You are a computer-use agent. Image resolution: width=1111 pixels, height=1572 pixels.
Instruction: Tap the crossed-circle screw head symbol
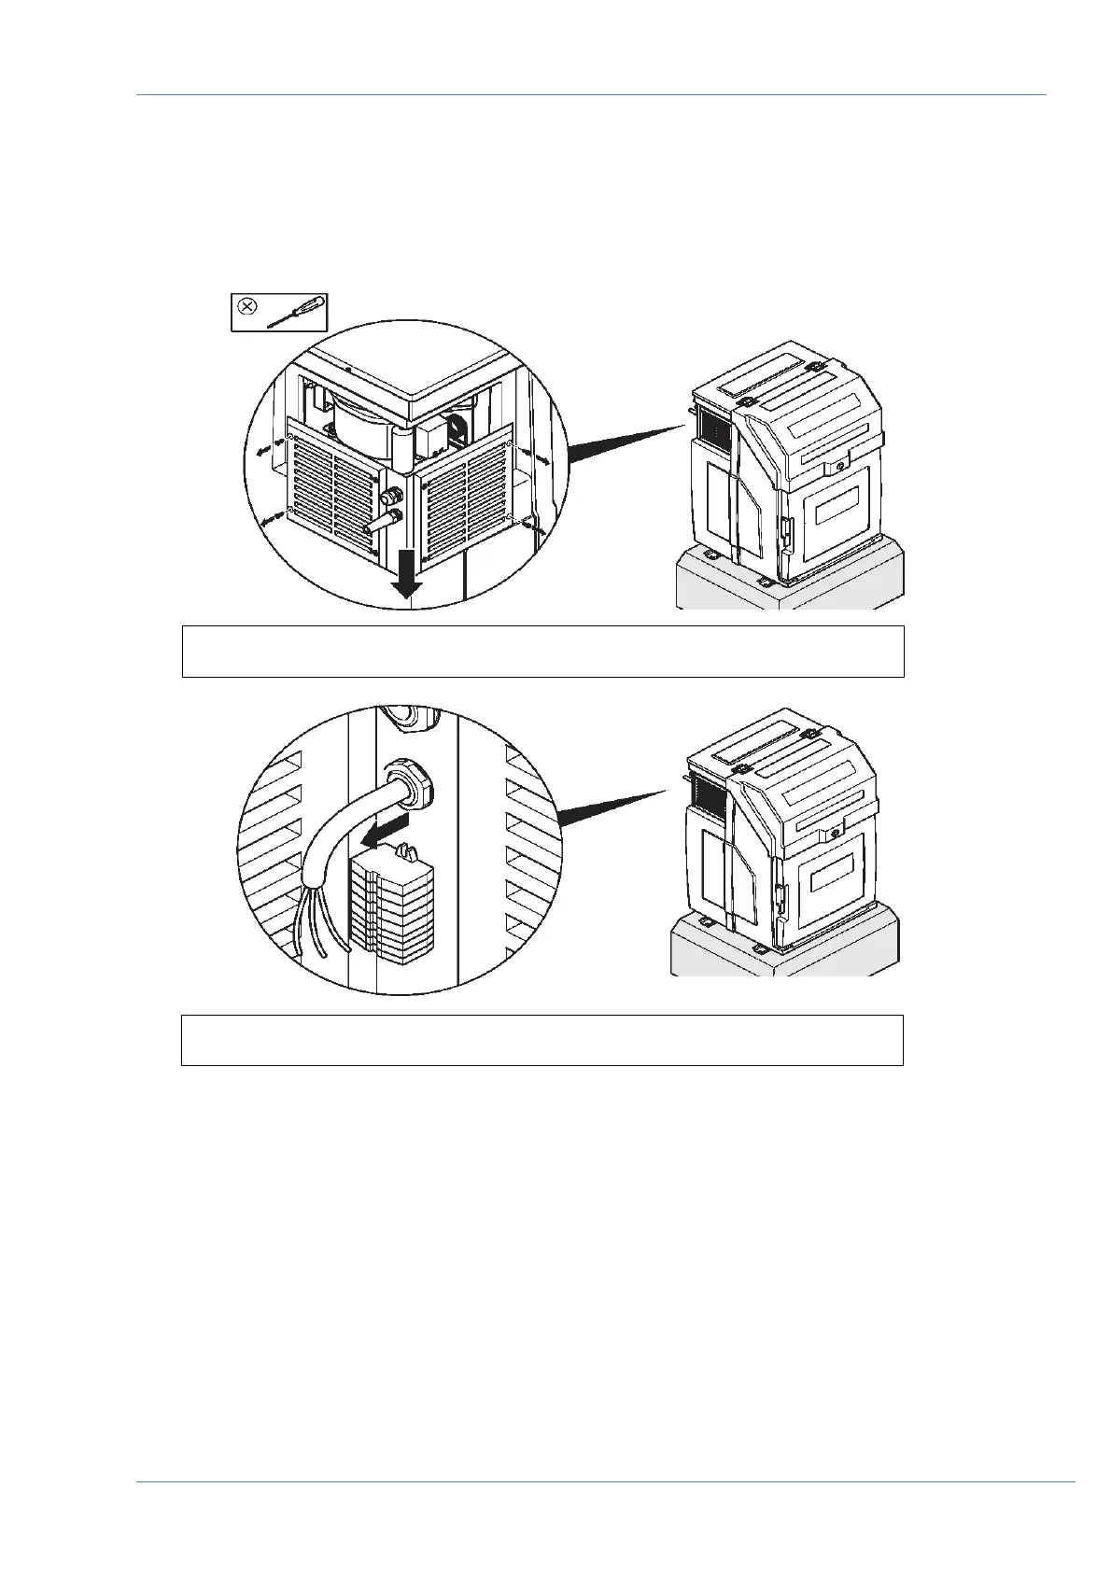coord(247,305)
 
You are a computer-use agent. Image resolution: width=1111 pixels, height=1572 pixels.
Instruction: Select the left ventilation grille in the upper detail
coord(332,495)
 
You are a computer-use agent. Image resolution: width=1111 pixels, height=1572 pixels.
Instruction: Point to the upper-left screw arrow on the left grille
coord(263,449)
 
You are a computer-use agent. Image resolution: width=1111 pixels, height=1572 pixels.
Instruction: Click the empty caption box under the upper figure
coord(542,651)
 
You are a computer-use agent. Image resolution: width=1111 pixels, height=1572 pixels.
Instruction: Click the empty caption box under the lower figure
coord(541,1040)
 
